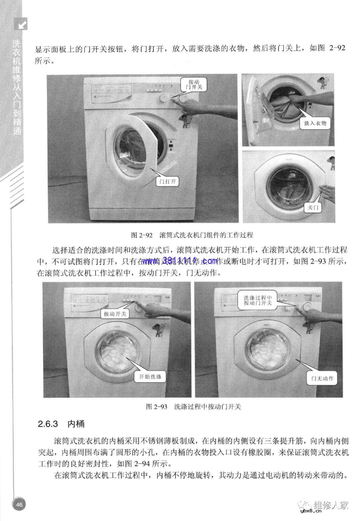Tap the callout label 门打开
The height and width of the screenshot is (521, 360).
point(167,181)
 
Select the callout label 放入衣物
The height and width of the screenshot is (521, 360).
point(315,123)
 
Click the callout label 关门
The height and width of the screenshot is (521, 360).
point(313,208)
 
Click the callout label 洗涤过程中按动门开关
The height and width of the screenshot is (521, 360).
point(258,300)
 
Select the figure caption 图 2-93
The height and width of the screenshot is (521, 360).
point(193,406)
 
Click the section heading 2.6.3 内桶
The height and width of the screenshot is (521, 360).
point(61,424)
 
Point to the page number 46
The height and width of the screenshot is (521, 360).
point(19,504)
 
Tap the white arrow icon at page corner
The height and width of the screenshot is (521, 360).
point(22,25)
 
